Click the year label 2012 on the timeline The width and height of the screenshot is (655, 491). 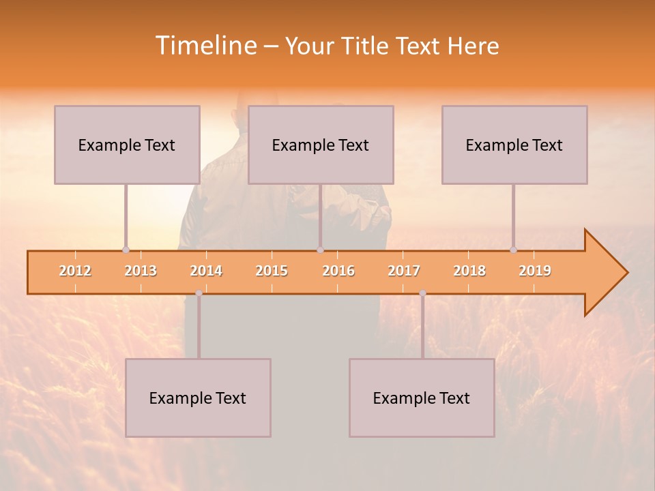point(75,271)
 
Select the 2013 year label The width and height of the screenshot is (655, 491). point(141,271)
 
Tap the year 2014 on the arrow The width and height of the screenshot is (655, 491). point(206,271)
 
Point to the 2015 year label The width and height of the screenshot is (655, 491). point(272,271)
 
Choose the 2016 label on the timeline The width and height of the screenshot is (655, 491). point(338,271)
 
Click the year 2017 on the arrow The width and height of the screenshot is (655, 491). point(404,271)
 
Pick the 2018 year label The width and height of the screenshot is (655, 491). point(469,271)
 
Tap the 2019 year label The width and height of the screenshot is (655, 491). point(535,271)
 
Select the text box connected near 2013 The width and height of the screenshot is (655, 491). point(127,145)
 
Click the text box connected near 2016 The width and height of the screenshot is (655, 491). point(321,145)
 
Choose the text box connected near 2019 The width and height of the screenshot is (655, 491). point(514,145)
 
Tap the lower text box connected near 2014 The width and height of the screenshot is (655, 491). point(198,398)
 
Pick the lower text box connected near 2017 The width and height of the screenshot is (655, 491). point(422,398)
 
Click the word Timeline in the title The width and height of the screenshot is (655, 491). point(205,46)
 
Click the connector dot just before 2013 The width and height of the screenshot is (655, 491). point(126,250)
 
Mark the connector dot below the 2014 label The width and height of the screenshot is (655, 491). point(199,293)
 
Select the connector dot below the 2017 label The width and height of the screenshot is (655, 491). point(422,293)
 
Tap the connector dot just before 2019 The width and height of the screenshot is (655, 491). point(513,250)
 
